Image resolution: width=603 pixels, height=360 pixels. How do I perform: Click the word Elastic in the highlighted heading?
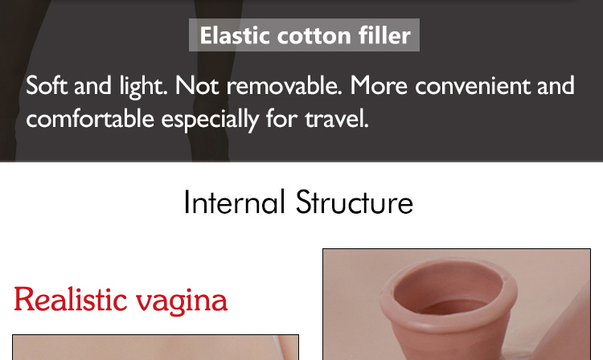[x=234, y=35]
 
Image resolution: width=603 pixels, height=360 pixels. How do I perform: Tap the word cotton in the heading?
[x=314, y=35]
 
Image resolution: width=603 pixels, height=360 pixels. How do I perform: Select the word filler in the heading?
[x=384, y=35]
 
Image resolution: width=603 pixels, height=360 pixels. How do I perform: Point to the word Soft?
[x=47, y=85]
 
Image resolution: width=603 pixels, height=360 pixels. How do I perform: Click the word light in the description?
[x=143, y=86]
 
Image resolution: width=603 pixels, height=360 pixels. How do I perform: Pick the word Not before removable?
[x=197, y=85]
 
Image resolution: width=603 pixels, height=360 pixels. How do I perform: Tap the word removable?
[x=284, y=85]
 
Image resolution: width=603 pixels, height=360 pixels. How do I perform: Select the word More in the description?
[x=379, y=85]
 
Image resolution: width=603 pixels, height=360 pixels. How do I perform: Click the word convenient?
[x=472, y=85]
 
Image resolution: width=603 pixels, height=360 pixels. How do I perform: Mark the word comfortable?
[x=90, y=118]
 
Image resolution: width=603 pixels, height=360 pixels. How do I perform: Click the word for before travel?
[x=281, y=118]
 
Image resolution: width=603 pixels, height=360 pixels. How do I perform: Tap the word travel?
[x=337, y=118]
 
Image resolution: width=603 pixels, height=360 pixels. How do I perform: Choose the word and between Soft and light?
[x=92, y=85]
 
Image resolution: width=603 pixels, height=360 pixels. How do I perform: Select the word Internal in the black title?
[x=235, y=202]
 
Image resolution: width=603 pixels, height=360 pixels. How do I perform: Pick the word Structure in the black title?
[x=355, y=202]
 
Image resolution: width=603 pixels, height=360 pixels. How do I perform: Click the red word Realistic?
[x=71, y=300]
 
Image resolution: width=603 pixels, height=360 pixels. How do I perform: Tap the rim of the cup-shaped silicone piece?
[x=449, y=322]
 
